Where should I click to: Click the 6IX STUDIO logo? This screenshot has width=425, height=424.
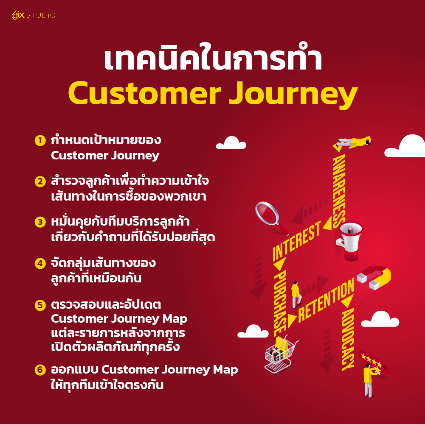(x=33, y=15)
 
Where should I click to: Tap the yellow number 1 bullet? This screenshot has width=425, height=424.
(x=39, y=140)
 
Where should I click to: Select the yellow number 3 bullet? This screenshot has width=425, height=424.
(x=39, y=222)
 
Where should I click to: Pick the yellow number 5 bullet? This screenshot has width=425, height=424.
(x=39, y=305)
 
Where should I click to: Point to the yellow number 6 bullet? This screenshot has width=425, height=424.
(x=39, y=370)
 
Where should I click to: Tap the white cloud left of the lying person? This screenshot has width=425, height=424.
(x=231, y=143)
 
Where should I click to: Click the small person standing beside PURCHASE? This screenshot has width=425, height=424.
(x=296, y=293)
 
